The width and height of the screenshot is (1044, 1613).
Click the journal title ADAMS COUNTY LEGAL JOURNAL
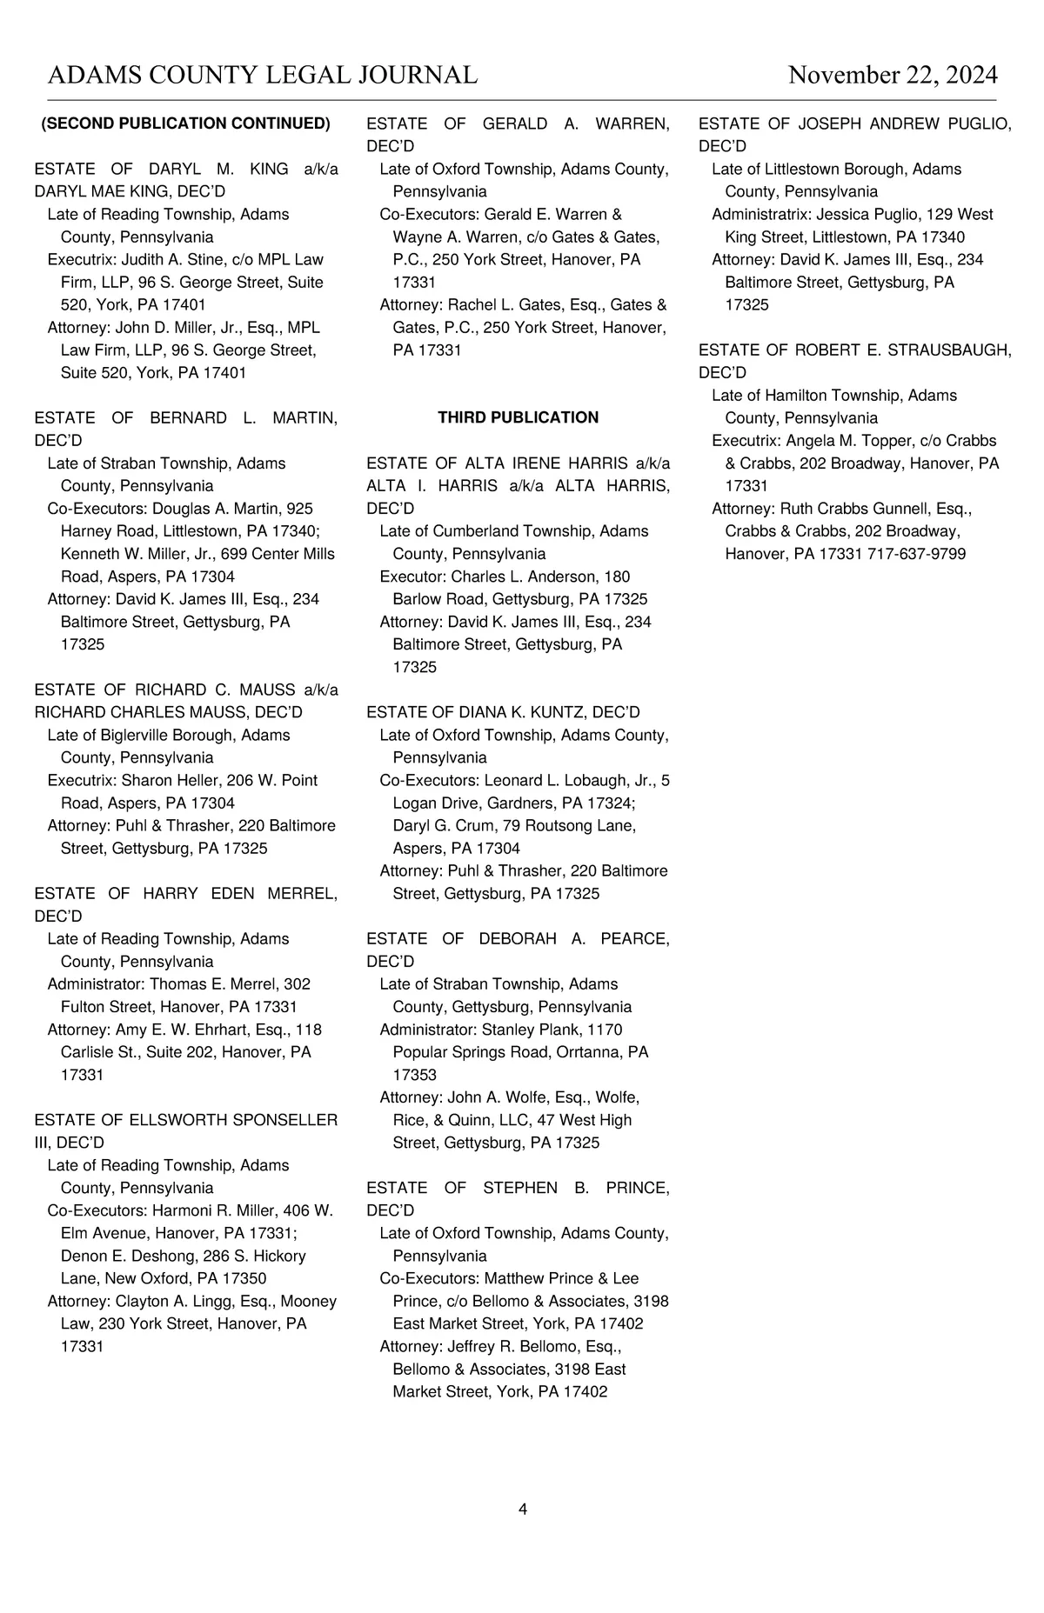[x=263, y=76]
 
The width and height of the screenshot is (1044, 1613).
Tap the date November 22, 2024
[x=893, y=76]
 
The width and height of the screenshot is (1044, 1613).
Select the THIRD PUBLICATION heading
[x=518, y=417]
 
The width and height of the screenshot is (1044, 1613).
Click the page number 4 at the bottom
[x=522, y=1510]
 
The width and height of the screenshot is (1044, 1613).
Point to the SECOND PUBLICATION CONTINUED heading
[x=186, y=123]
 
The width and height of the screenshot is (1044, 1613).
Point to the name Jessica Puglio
[x=861, y=214]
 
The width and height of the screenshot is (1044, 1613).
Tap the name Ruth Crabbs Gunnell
[x=857, y=509]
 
